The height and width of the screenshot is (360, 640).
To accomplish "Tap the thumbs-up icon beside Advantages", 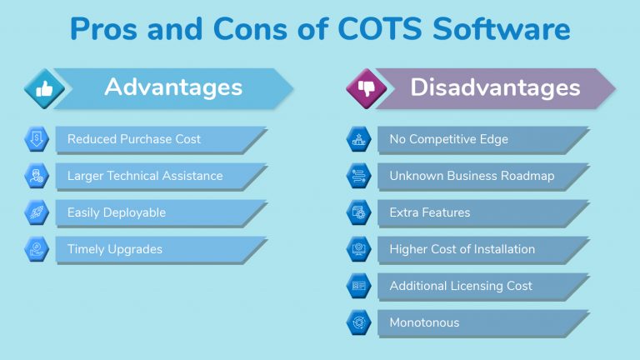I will (43, 87).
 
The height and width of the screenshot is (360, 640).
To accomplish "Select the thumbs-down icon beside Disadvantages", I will (366, 87).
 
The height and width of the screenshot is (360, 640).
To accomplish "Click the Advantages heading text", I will (173, 87).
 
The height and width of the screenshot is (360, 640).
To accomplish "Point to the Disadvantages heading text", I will (495, 87).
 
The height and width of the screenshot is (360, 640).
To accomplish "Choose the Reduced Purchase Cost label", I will (134, 139).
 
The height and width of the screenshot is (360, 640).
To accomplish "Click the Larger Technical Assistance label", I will (145, 176).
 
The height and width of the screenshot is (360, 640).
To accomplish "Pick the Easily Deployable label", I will (117, 212).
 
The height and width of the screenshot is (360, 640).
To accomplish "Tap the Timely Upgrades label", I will (115, 249).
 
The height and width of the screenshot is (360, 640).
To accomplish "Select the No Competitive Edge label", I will (448, 139).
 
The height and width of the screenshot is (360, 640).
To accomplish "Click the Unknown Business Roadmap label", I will (472, 176).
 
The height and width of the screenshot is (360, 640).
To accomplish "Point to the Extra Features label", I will (429, 212).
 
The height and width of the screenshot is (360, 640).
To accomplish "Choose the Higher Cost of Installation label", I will (462, 249).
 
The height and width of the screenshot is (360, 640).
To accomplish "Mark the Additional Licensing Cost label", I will (461, 286).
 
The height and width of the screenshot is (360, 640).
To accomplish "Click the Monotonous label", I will (424, 322).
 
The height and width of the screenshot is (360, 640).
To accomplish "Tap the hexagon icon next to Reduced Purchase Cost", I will (37, 139).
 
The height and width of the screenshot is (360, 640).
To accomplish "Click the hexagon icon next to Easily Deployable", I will (37, 212).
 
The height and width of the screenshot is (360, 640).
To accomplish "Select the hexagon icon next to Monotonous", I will (359, 322).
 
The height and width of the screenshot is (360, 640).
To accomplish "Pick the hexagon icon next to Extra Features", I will (359, 212).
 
